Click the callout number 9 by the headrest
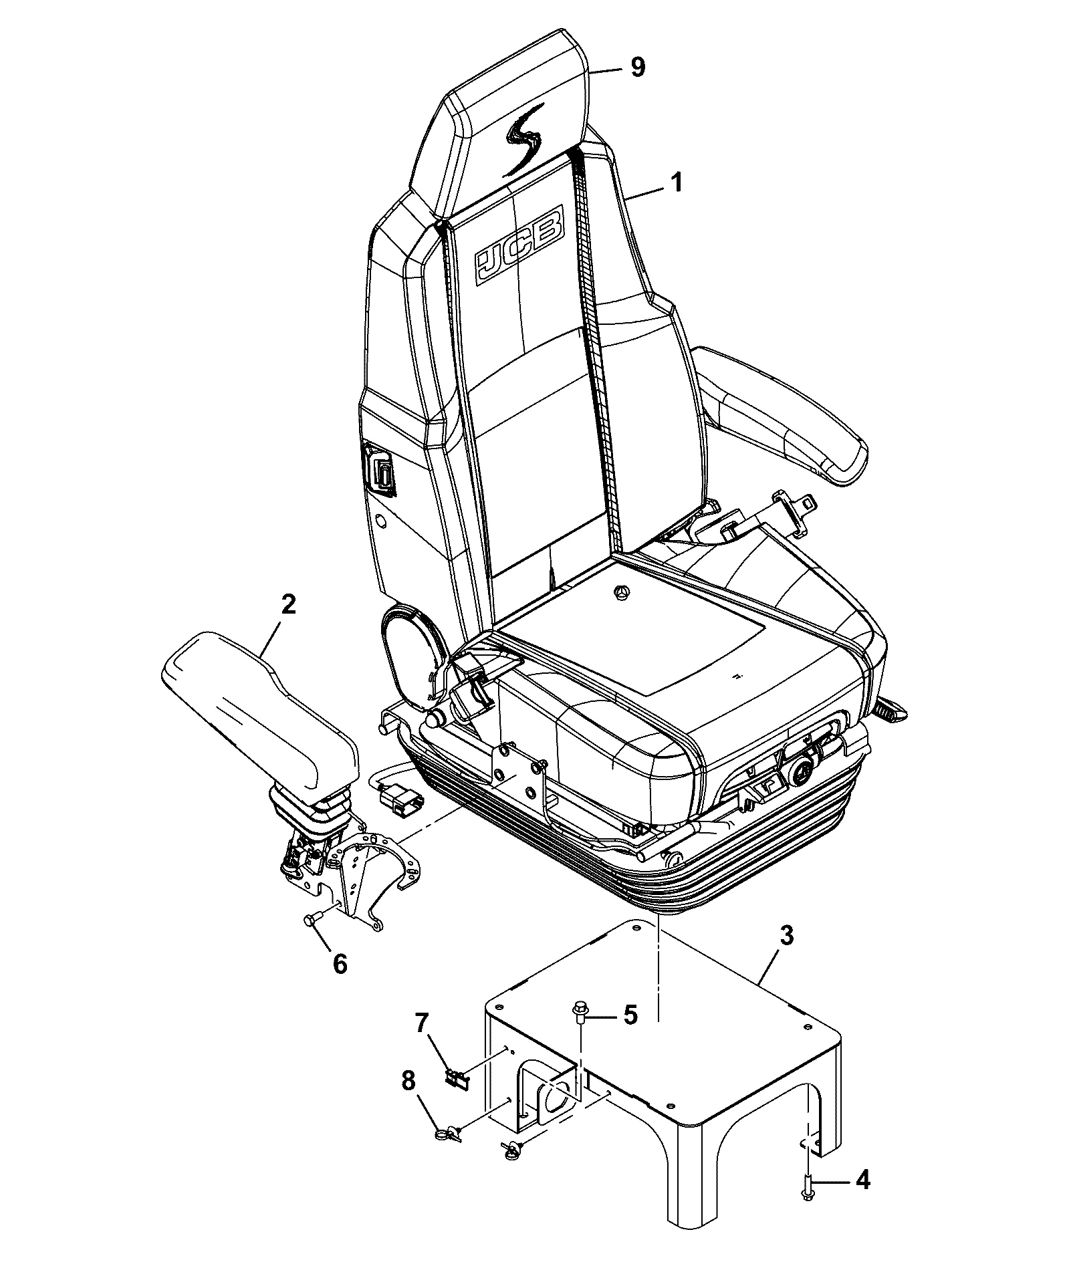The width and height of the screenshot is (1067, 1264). pyautogui.click(x=638, y=67)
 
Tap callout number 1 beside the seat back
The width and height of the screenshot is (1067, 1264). pyautogui.click(x=677, y=182)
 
